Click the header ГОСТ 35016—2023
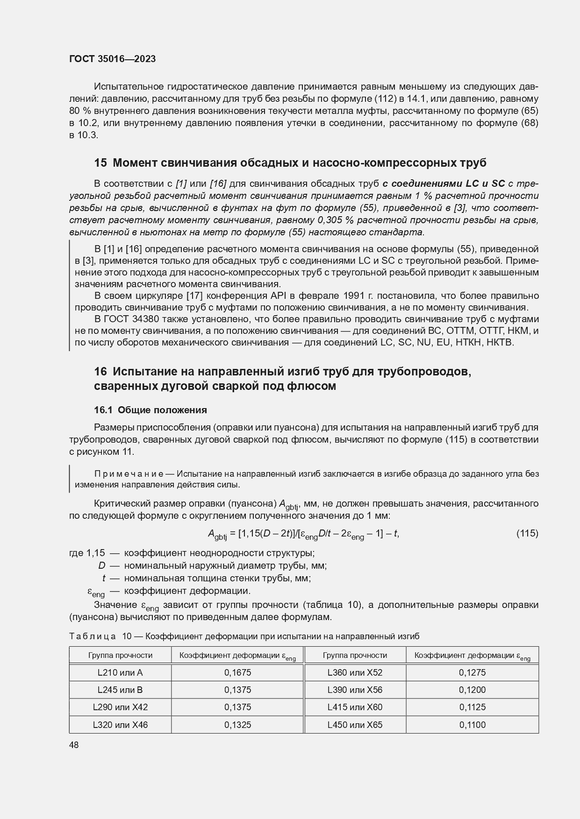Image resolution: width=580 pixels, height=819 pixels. pyautogui.click(x=112, y=59)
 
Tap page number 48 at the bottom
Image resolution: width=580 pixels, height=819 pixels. pyautogui.click(x=74, y=745)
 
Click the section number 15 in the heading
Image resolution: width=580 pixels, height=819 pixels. pyautogui.click(x=100, y=163)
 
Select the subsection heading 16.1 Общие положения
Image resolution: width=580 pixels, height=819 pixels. pyautogui.click(x=150, y=410)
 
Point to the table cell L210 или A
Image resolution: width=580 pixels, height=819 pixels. pyautogui.click(x=120, y=672)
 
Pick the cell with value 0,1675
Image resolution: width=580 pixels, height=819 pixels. pyautogui.click(x=237, y=672)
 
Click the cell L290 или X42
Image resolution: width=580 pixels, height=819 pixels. pyautogui.click(x=120, y=707)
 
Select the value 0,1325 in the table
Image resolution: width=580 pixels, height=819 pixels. pyautogui.click(x=237, y=725)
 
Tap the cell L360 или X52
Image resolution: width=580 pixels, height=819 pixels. pyautogui.click(x=355, y=672)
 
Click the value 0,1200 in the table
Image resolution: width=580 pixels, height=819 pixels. pyautogui.click(x=472, y=690)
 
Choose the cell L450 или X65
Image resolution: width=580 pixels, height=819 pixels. pyautogui.click(x=355, y=725)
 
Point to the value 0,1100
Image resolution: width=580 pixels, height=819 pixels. pyautogui.click(x=472, y=725)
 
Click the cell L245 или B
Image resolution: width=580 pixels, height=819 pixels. pyautogui.click(x=120, y=690)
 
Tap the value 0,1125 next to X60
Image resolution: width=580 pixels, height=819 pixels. pyautogui.click(x=472, y=707)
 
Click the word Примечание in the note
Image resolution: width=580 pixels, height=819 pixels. pyautogui.click(x=128, y=473)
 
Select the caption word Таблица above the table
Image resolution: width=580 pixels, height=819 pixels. pyautogui.click(x=92, y=636)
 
